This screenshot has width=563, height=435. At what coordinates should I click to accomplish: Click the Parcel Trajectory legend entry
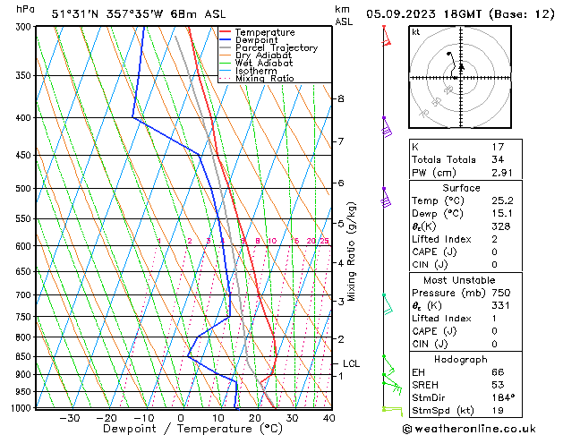(x=276, y=47)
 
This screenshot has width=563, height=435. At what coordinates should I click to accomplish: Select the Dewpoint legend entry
(x=256, y=39)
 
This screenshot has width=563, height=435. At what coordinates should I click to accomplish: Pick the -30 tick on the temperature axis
(x=69, y=418)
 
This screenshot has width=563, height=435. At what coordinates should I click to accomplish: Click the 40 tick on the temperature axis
(x=328, y=418)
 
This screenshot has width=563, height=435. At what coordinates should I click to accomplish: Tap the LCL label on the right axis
(x=352, y=364)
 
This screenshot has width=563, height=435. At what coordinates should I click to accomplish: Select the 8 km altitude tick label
(x=341, y=98)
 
